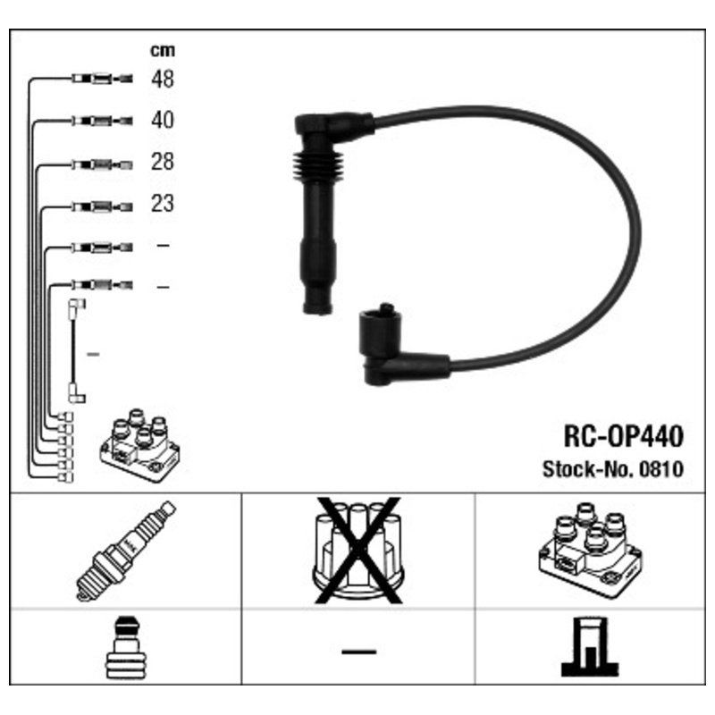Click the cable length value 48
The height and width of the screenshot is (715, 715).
coord(163,79)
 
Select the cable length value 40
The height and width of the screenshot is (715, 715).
coord(163,120)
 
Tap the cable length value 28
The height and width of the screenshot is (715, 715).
coord(163,162)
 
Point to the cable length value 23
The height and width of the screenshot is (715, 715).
coord(163,204)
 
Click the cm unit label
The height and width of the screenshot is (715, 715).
coord(163,50)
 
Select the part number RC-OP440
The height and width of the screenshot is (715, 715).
coord(623,436)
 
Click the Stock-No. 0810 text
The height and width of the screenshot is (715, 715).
coord(613,469)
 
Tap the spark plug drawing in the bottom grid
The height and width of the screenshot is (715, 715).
coord(126,551)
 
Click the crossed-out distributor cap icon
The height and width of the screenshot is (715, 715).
coord(358,551)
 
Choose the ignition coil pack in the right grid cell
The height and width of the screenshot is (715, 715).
coord(591,551)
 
